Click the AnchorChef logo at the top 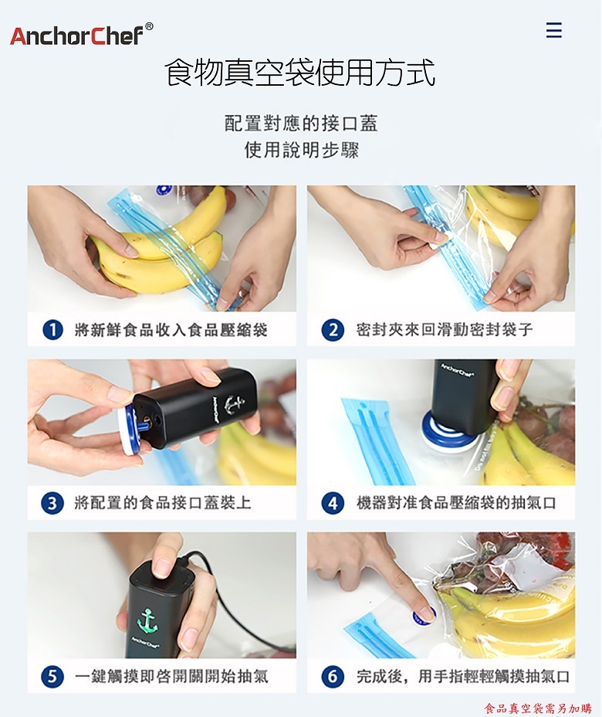click(x=81, y=35)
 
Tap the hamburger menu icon click(x=553, y=30)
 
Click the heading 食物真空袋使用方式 click(x=299, y=73)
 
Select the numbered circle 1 click(x=52, y=330)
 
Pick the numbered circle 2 click(x=333, y=330)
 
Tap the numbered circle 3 click(x=52, y=503)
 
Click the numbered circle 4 click(x=333, y=503)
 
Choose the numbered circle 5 click(x=52, y=676)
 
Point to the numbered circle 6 click(x=333, y=676)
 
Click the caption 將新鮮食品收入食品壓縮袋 click(x=171, y=330)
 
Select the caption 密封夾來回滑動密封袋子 click(x=445, y=330)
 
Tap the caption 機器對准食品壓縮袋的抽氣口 click(x=456, y=503)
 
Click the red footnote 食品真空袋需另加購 click(x=538, y=709)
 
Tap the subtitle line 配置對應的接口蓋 click(x=301, y=124)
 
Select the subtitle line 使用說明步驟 click(x=302, y=150)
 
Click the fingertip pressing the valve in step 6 click(x=428, y=613)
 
